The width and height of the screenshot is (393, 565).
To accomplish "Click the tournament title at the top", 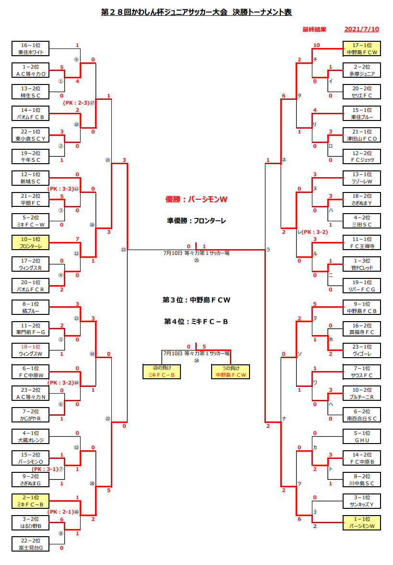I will (x=196, y=12).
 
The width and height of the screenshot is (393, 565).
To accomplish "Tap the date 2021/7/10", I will (x=361, y=29).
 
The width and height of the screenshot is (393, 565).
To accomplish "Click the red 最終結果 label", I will (x=314, y=29).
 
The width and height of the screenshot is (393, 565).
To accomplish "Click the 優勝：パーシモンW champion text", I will (x=196, y=199).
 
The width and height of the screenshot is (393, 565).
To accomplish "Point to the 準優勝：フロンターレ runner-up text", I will (x=196, y=221).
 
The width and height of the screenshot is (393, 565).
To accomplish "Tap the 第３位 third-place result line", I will (x=196, y=300).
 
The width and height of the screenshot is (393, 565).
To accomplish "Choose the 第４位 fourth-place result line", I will (x=196, y=322).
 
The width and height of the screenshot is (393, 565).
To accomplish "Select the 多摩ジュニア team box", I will (x=362, y=70).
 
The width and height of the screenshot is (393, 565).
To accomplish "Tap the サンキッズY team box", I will (x=362, y=501).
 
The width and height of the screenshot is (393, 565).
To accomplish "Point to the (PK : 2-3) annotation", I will (x=76, y=103).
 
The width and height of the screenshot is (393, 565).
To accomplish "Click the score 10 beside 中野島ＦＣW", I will (x=316, y=46).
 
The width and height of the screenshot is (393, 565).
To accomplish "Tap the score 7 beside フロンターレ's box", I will (x=77, y=239).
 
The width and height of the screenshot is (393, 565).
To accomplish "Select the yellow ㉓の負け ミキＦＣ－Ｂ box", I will (x=162, y=372).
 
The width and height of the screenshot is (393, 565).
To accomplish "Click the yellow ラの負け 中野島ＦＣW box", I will (x=230, y=372).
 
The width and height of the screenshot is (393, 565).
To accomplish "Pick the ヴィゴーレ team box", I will (x=362, y=350).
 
